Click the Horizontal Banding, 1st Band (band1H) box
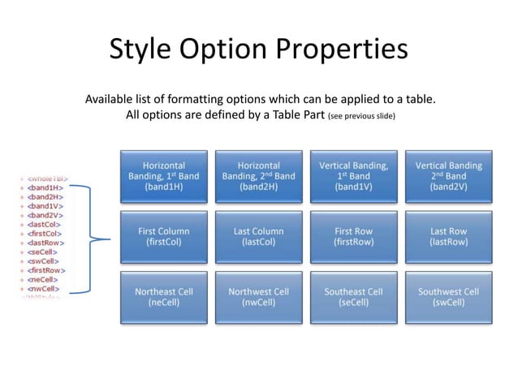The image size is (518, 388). pyautogui.click(x=163, y=176)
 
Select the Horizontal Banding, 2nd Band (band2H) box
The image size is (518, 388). pyautogui.click(x=258, y=176)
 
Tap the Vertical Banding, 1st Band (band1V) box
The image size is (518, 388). pyautogui.click(x=353, y=176)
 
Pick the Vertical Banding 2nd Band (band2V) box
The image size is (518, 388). pyautogui.click(x=448, y=176)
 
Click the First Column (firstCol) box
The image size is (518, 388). pyautogui.click(x=163, y=237)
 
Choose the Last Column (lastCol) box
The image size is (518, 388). pyautogui.click(x=258, y=237)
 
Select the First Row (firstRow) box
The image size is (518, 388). pyautogui.click(x=353, y=237)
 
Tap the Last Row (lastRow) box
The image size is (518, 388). pyautogui.click(x=448, y=237)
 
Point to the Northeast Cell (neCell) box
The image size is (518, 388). pyautogui.click(x=163, y=297)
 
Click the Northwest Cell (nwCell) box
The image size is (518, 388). pyautogui.click(x=258, y=297)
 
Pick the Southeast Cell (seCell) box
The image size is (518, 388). pyautogui.click(x=353, y=297)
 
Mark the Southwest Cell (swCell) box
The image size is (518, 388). pyautogui.click(x=448, y=297)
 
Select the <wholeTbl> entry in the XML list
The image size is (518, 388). pyautogui.click(x=46, y=178)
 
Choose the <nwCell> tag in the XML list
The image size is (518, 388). pyautogui.click(x=44, y=288)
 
